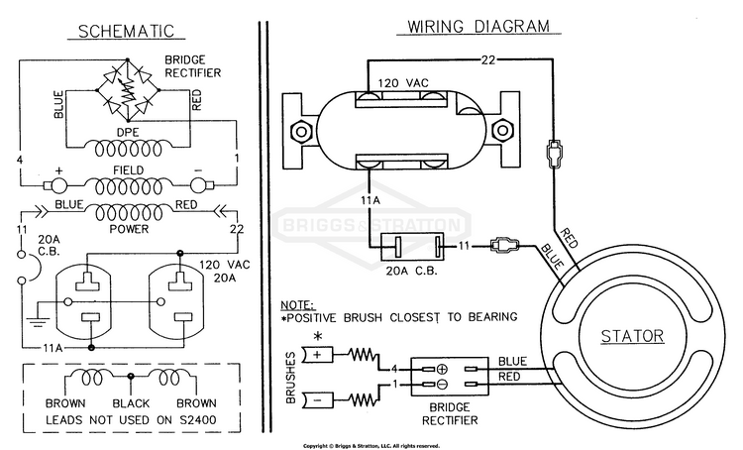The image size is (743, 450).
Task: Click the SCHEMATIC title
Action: click(126, 31)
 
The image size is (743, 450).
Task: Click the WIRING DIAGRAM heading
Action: click(478, 26)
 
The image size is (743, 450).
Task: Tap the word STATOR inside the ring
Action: click(632, 336)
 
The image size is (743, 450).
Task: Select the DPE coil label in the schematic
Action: click(128, 132)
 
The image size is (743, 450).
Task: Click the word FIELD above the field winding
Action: click(128, 169)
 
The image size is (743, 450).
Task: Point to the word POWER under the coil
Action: click(129, 229)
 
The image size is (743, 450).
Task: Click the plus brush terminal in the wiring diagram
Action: click(317, 354)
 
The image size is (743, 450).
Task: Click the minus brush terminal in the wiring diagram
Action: click(317, 400)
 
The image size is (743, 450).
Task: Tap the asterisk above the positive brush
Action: click(318, 337)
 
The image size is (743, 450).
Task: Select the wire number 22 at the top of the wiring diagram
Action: click(488, 59)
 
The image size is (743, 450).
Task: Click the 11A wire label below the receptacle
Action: click(371, 200)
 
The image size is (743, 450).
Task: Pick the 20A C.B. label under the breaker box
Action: click(411, 271)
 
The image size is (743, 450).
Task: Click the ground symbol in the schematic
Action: click(38, 319)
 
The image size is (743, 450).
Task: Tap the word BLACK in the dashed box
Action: click(131, 403)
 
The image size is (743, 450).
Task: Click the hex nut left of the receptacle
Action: click(301, 130)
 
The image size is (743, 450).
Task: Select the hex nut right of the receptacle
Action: click(502, 130)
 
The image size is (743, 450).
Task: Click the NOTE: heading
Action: click(298, 305)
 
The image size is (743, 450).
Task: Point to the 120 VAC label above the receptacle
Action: click(403, 83)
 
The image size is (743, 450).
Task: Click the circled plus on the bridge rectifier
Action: click(442, 369)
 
